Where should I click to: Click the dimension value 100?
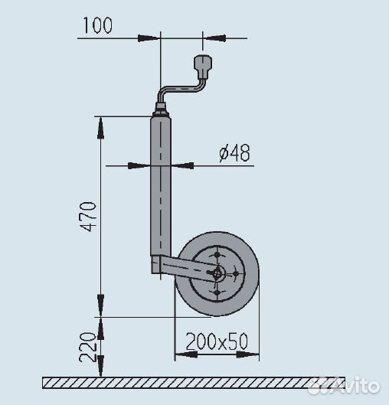[x=96, y=25]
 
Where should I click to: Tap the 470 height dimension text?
[x=90, y=217]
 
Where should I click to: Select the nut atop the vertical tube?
[x=161, y=107]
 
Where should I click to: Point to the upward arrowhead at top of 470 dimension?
[x=100, y=122]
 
